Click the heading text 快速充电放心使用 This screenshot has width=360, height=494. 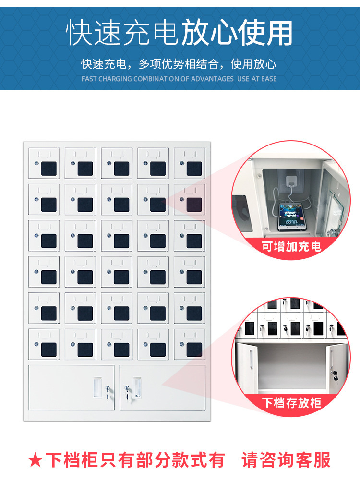(179, 33)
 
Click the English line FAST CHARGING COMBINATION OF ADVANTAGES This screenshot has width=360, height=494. (157, 79)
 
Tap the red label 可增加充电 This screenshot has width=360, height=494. (291, 246)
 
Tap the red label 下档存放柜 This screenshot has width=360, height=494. (291, 403)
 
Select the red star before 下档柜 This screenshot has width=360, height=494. (35, 460)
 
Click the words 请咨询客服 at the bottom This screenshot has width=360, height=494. (286, 460)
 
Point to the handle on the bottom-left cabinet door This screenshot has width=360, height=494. (97, 388)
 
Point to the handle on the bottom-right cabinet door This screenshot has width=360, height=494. (137, 388)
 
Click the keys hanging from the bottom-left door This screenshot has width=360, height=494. (108, 394)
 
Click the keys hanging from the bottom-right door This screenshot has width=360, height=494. (127, 394)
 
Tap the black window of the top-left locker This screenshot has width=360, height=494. (49, 169)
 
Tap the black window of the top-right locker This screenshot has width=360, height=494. (194, 169)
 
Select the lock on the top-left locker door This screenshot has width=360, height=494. (36, 163)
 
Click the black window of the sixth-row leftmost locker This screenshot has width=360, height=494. (49, 349)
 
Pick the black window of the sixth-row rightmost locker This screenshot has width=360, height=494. (194, 349)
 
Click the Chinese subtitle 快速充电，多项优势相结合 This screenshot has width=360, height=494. (150, 64)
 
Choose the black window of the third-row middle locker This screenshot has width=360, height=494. (121, 241)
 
